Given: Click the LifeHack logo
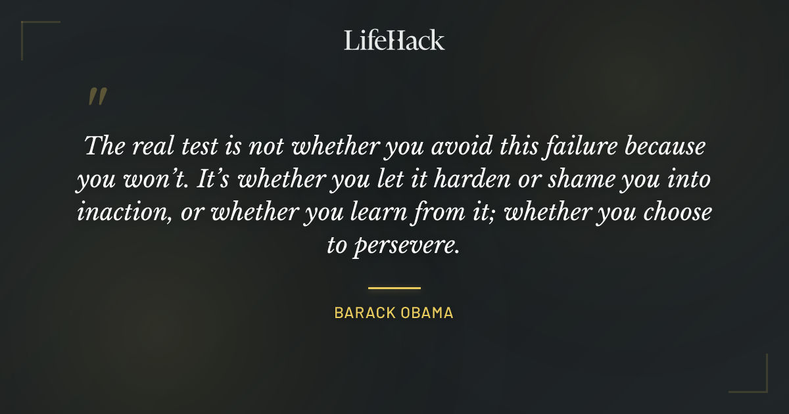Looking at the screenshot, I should point(394,40).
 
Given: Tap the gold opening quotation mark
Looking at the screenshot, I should point(97,97).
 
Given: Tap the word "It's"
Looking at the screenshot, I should point(214,179).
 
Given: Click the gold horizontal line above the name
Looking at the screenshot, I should point(394,288).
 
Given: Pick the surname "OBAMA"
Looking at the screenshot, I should point(428,313).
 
